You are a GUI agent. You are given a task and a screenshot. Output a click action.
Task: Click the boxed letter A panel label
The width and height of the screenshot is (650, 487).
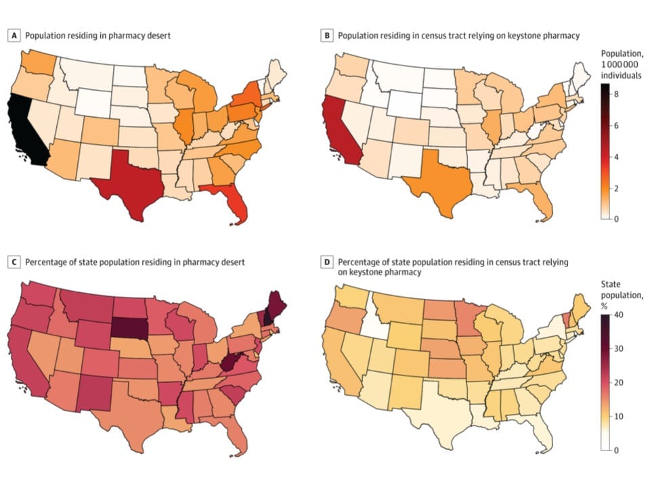pos(13,35)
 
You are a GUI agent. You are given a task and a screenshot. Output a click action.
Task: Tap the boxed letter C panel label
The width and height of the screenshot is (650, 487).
pos(13,261)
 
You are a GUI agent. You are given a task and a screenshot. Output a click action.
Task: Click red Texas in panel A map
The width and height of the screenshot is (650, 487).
pos(129,183)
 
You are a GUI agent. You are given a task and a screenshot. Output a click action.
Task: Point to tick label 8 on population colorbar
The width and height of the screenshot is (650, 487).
pos(618,95)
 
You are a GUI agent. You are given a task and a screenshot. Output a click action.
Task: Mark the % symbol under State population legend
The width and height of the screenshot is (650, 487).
pos(605,306)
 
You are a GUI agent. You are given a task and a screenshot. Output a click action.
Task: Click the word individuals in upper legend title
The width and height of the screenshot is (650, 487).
pos(621,75)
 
